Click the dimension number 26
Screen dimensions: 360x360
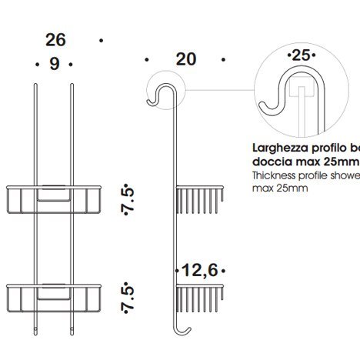(55, 39)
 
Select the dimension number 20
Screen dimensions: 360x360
(185, 59)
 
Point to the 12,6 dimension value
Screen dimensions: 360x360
(201, 269)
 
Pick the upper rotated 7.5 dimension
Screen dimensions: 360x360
(132, 202)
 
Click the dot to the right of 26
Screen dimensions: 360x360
(101, 39)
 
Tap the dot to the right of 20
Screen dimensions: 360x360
(222, 59)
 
